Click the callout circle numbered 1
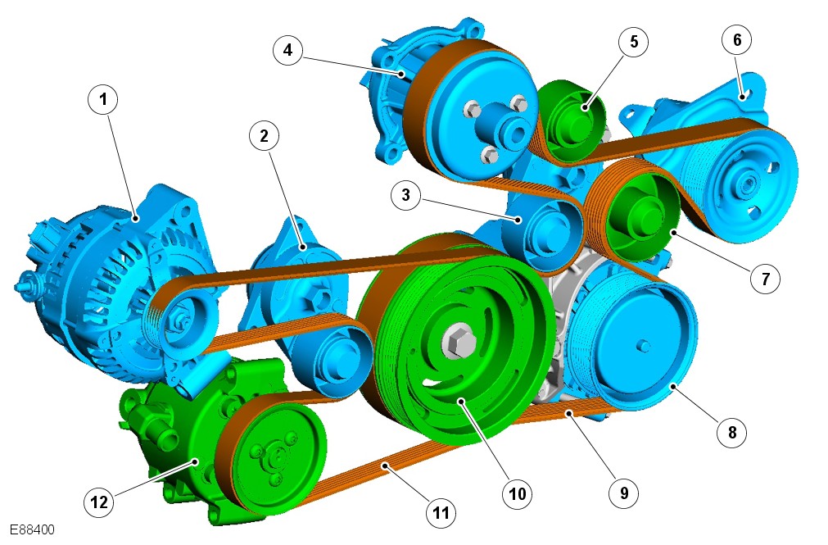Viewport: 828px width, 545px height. [103, 99]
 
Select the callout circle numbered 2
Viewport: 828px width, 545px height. [264, 136]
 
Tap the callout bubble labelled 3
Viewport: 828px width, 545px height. [405, 195]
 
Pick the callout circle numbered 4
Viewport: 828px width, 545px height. [287, 50]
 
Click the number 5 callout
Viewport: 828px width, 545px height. [634, 41]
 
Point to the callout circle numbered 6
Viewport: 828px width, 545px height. [737, 39]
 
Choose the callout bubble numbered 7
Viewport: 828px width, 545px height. [765, 278]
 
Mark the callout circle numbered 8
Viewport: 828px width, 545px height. [732, 433]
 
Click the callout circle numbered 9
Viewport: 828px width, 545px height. [623, 493]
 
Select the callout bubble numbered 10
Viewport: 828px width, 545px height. [517, 493]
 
